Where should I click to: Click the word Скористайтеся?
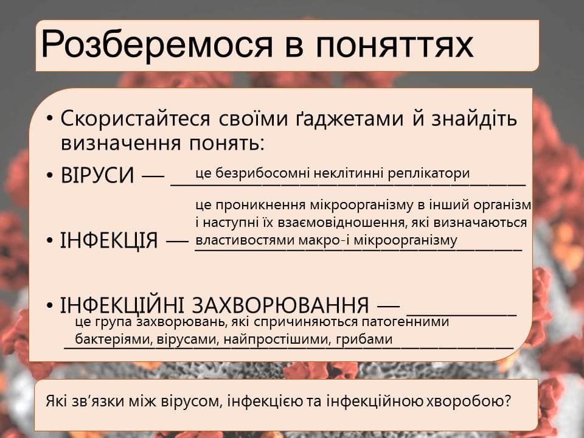pos(135,119)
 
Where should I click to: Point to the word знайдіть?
pos(474,119)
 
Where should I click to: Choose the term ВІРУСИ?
pos(97,175)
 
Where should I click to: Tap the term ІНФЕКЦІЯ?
pos(109,240)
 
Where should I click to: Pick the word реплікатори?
pos(429,174)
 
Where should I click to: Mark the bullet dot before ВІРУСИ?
pos(50,175)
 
